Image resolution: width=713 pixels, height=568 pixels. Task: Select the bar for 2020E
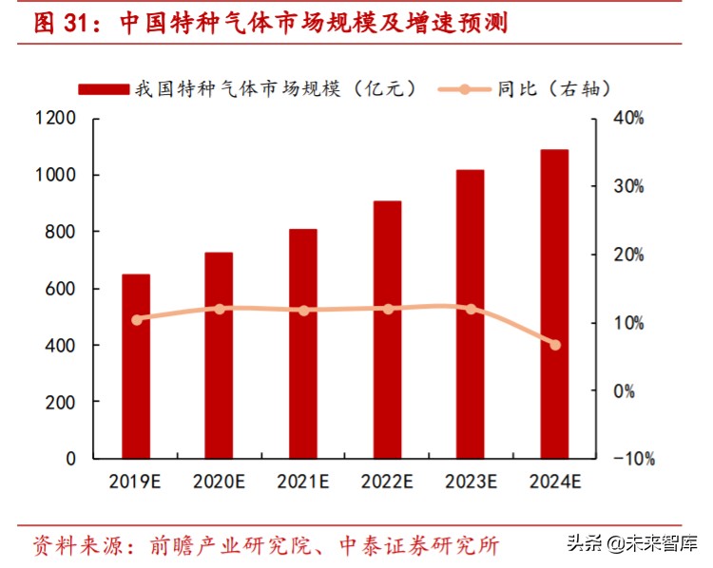(x=220, y=355)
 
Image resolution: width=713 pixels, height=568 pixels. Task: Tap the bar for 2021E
(x=303, y=343)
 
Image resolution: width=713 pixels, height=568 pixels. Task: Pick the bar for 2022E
(x=387, y=330)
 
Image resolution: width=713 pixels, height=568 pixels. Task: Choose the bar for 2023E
(x=471, y=313)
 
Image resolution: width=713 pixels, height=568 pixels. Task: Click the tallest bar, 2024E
(x=554, y=304)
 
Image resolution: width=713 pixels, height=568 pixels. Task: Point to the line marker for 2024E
(x=555, y=345)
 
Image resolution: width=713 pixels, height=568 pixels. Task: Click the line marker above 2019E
(x=136, y=320)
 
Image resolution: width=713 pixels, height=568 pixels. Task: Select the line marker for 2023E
(x=471, y=309)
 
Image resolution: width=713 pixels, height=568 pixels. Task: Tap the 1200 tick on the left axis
(x=57, y=119)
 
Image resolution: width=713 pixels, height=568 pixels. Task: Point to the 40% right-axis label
(x=628, y=119)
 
